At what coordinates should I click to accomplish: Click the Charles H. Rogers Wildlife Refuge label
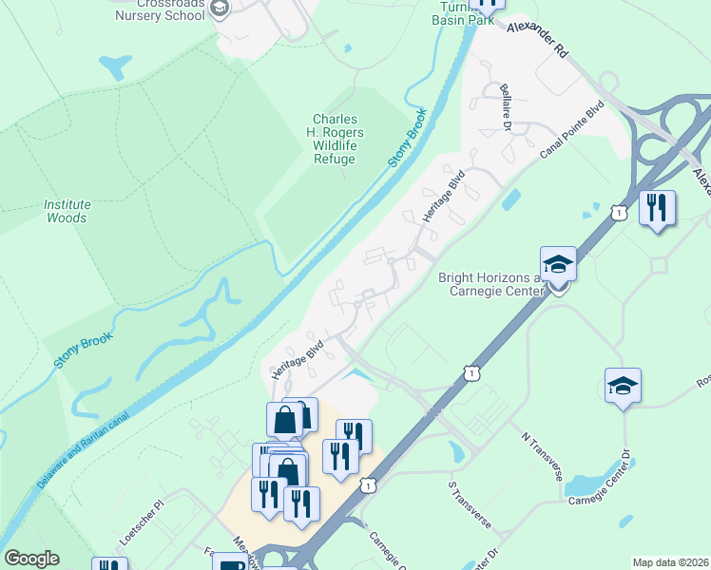tap(336, 139)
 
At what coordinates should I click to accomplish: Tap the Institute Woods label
tap(67, 211)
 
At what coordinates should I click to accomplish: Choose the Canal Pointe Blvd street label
tap(571, 132)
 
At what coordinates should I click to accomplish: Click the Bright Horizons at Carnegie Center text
tap(489, 284)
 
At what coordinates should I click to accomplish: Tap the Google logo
tap(31, 559)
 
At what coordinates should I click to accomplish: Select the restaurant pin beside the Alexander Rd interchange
tap(657, 207)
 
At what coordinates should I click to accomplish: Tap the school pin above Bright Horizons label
tap(558, 264)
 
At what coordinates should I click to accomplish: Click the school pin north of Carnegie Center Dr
tap(623, 386)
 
